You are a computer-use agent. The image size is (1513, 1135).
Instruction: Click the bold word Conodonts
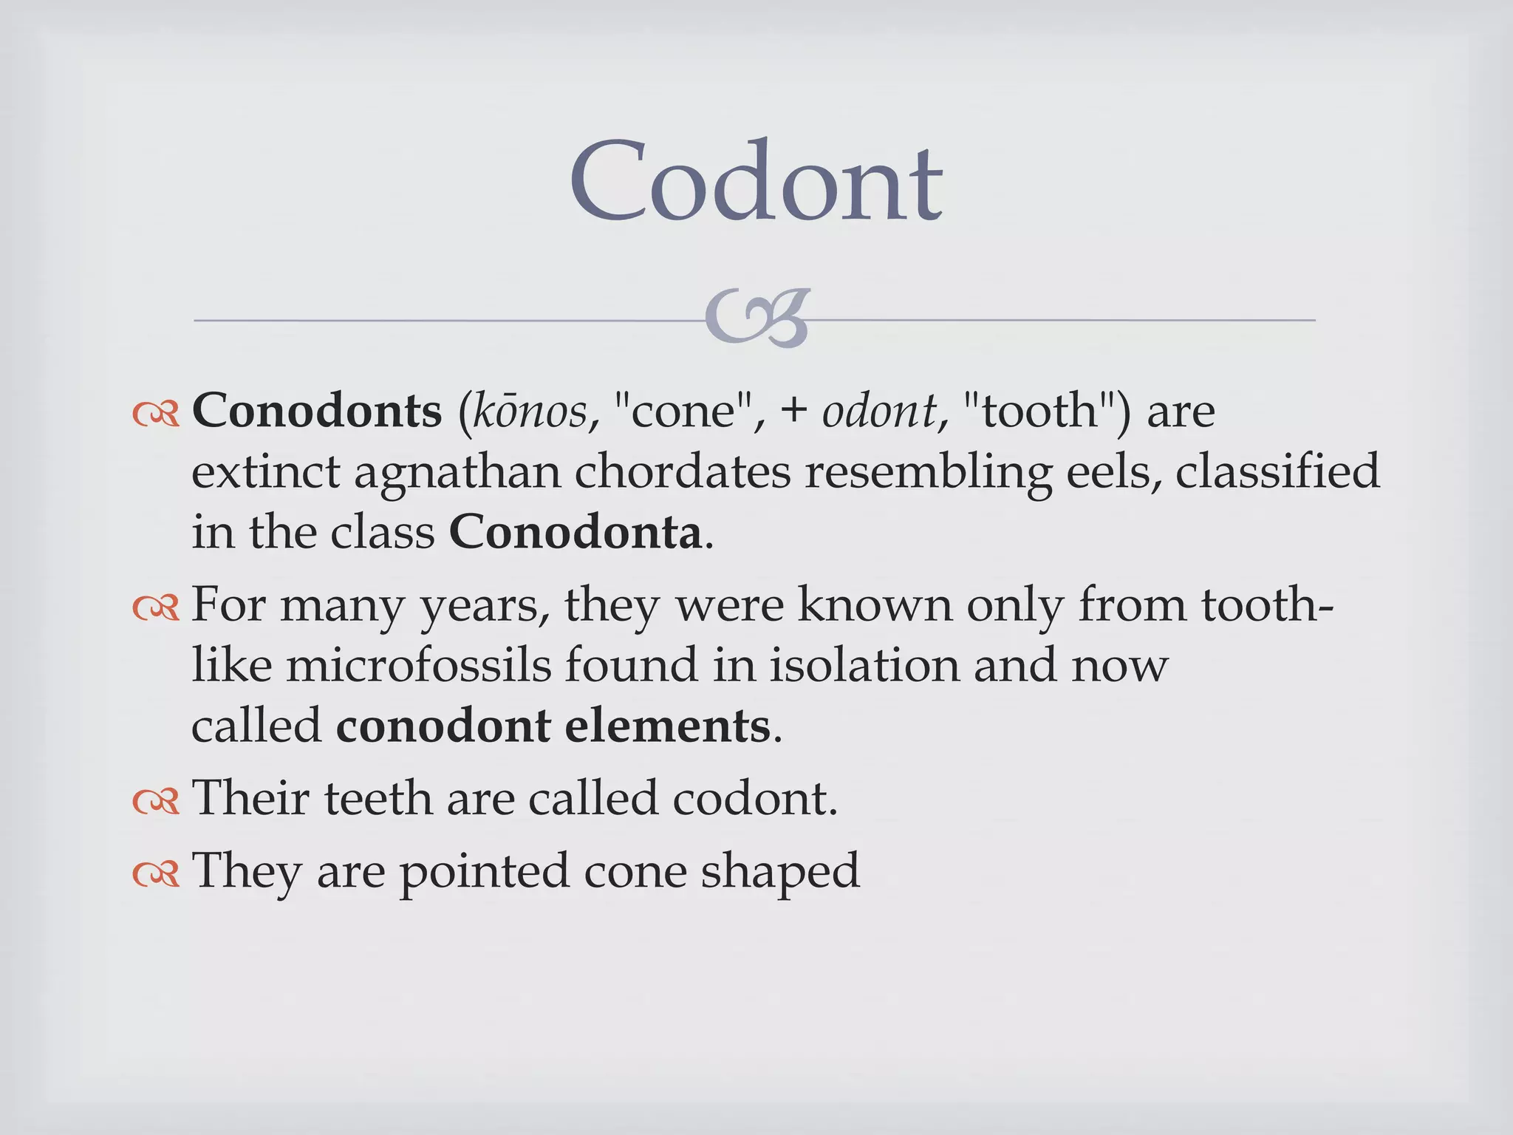click(317, 411)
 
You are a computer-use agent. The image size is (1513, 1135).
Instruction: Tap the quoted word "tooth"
click(1038, 411)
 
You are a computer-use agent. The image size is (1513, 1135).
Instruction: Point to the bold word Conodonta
click(576, 532)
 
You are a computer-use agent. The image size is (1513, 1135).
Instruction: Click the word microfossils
click(418, 665)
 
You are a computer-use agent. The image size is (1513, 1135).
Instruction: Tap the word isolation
click(865, 665)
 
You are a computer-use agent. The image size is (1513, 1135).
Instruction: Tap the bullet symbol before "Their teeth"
click(156, 801)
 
